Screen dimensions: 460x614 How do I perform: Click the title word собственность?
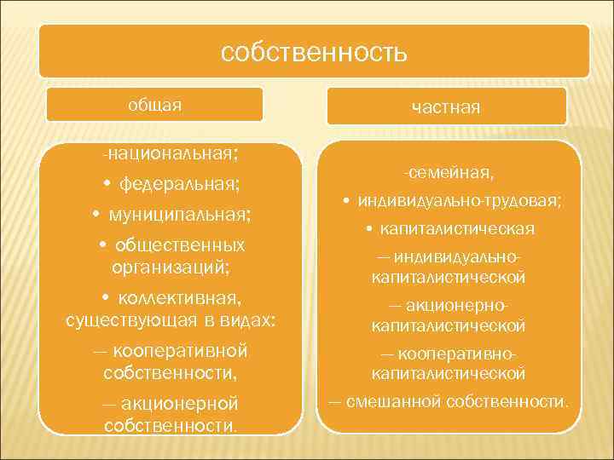(x=314, y=53)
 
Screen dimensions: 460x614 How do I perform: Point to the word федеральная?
(x=179, y=183)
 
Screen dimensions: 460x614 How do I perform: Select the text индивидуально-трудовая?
(x=460, y=201)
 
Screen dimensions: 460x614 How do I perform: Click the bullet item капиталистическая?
(x=457, y=229)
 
